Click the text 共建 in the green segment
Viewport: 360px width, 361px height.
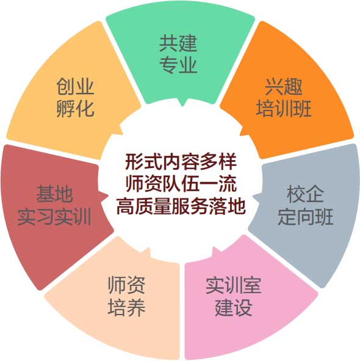[x=178, y=43]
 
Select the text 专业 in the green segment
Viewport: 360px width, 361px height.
[x=178, y=65]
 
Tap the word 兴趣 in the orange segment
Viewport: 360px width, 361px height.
[x=284, y=87]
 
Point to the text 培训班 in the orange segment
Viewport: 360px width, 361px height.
[x=284, y=109]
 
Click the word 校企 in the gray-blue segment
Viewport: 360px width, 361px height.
[x=305, y=194]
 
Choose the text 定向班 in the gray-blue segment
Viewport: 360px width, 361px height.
[x=305, y=217]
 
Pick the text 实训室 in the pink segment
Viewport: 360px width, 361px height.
[x=233, y=285]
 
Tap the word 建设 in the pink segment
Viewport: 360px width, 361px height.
[x=233, y=307]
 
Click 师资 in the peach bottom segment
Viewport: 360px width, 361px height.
[x=126, y=285]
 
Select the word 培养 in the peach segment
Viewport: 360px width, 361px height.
[x=126, y=307]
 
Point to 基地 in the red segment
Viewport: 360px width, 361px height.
[x=54, y=194]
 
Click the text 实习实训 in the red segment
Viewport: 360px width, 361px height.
[x=54, y=216]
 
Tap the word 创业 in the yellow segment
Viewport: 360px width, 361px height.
[x=75, y=86]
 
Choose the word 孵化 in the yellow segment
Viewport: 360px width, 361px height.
[x=75, y=109]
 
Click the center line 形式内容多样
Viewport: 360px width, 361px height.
[x=181, y=162]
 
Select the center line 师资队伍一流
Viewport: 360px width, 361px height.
[x=181, y=184]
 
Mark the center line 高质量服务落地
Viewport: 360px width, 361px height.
[x=181, y=206]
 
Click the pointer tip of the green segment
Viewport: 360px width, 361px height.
[x=182, y=106]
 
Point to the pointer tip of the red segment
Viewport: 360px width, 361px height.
[x=108, y=195]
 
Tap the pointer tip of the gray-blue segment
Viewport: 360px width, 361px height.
[x=253, y=196]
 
